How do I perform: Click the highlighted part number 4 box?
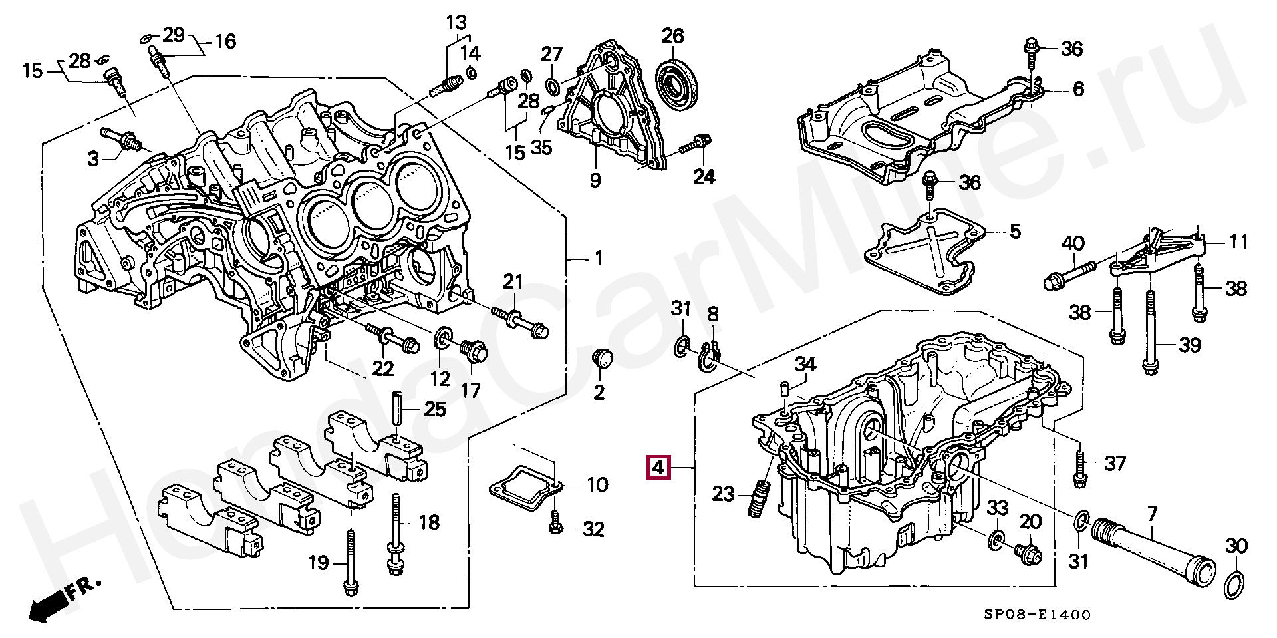point(658,468)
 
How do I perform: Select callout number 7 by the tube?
point(1152,514)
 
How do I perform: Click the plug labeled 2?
point(602,359)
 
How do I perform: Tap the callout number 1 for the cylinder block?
point(599,257)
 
